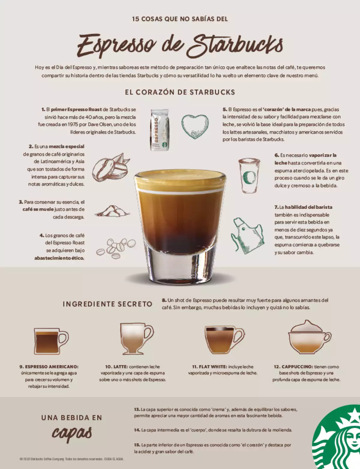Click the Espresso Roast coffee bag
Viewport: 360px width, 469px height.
click(x=159, y=130)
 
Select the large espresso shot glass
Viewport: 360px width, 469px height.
click(x=180, y=225)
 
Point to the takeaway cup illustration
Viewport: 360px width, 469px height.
click(x=249, y=176)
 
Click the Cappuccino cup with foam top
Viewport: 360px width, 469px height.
click(x=309, y=338)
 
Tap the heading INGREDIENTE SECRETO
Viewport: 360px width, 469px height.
click(x=107, y=304)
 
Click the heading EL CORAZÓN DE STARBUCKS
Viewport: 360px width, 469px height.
click(x=180, y=92)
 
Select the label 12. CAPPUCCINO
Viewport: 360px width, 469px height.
click(x=293, y=367)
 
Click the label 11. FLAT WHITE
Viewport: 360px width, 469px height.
click(x=209, y=367)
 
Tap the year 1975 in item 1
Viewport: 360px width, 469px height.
click(x=73, y=124)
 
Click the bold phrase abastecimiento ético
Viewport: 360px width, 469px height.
click(x=59, y=258)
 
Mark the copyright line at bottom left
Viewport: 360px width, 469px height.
click(x=72, y=459)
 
